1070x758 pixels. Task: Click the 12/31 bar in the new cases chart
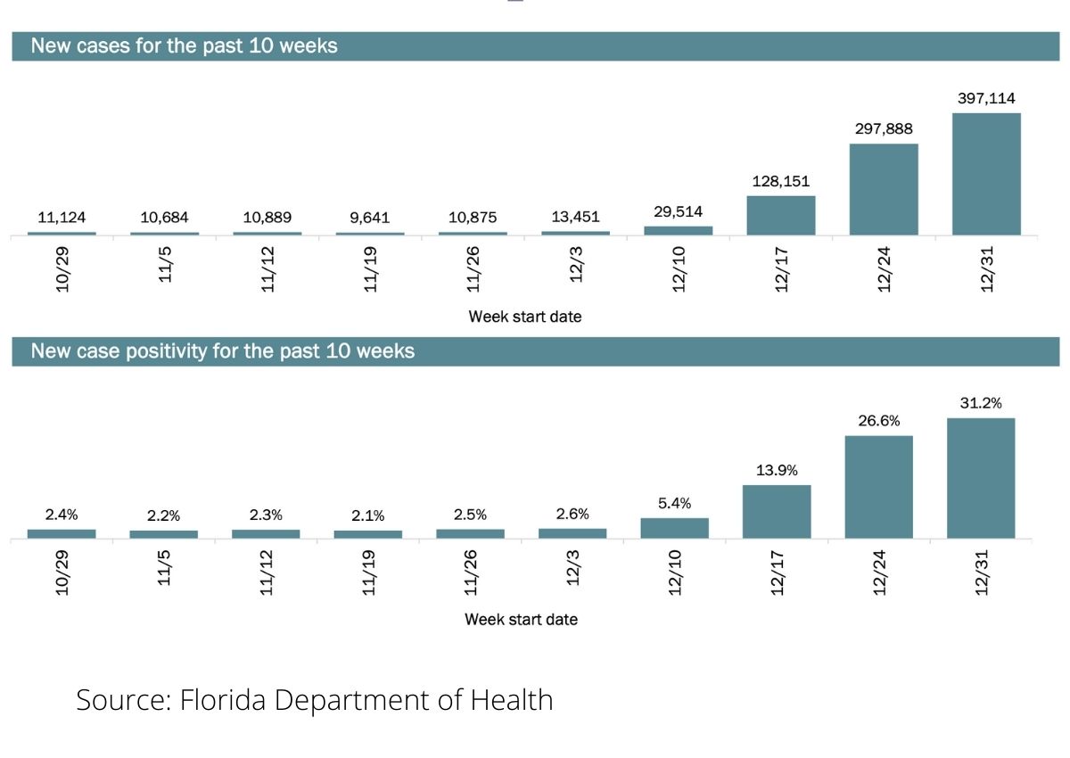tap(986, 174)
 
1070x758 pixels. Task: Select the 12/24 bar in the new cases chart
tap(884, 189)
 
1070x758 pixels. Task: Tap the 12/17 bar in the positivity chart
tap(777, 512)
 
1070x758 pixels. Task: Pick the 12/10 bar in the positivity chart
tap(674, 528)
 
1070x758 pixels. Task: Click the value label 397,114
tap(986, 98)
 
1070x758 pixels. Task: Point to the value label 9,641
tap(370, 218)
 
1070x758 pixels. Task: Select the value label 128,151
tap(781, 181)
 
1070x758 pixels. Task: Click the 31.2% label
tap(981, 403)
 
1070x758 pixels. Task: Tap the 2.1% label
tap(367, 516)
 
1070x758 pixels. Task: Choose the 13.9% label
tap(777, 470)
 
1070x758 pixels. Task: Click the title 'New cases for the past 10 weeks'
tap(184, 46)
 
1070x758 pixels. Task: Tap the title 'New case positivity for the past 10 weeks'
tap(222, 351)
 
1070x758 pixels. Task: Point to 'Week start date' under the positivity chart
tap(521, 619)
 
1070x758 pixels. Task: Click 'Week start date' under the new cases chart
tap(524, 316)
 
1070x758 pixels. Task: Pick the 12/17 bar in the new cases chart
tap(781, 216)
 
